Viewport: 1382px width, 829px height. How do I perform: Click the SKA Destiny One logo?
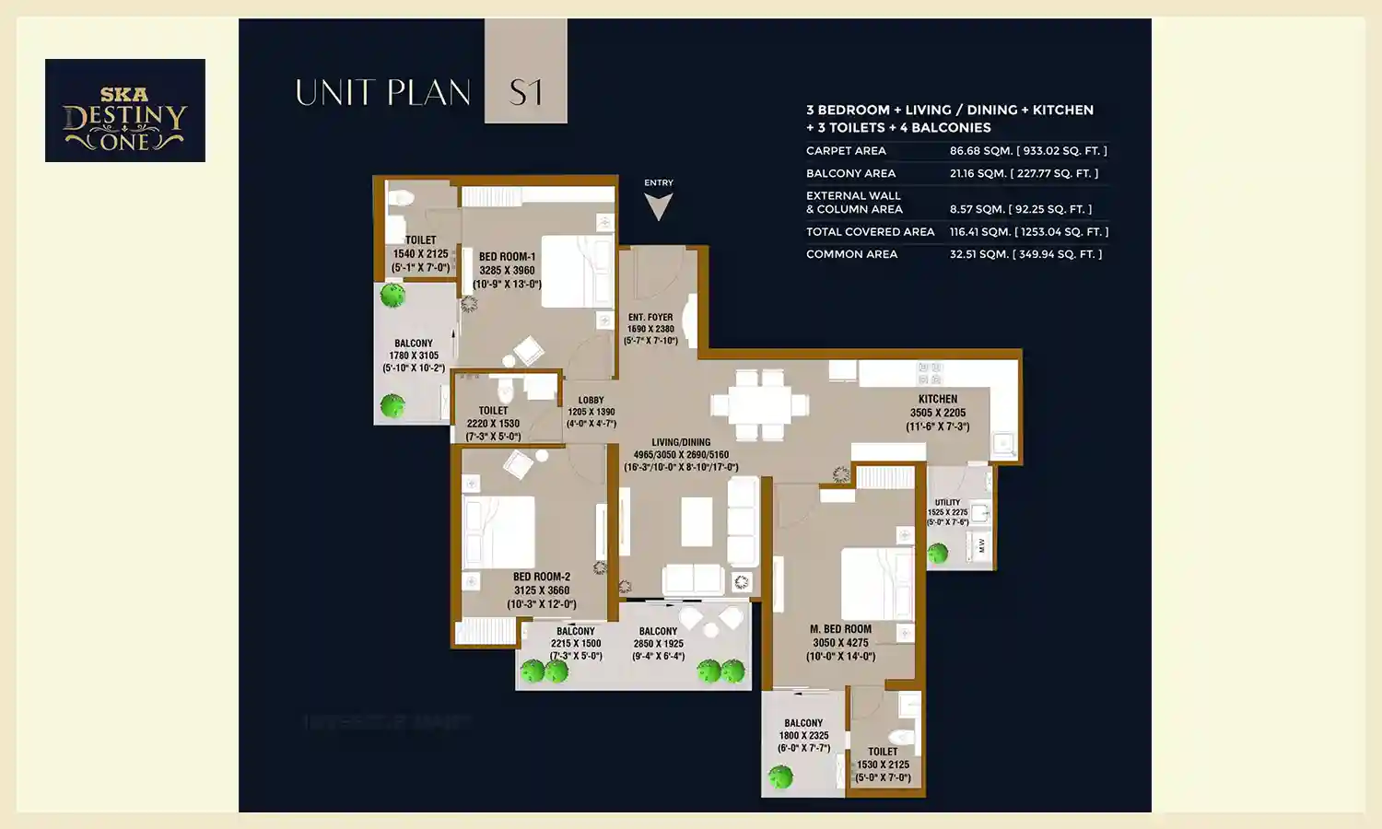(125, 111)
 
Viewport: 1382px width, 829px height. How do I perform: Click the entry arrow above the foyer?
(658, 205)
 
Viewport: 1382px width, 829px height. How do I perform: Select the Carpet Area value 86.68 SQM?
(1027, 151)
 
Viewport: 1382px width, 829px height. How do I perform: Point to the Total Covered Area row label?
(870, 232)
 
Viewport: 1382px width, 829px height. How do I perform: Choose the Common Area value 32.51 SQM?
(1025, 254)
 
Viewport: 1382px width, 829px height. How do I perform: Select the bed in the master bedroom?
(876, 583)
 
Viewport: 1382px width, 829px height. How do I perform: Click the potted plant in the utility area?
(938, 553)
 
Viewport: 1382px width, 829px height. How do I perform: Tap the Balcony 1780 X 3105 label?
(414, 356)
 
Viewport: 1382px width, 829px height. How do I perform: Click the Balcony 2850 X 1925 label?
(658, 644)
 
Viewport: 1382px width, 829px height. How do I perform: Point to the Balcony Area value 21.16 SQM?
(1023, 173)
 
